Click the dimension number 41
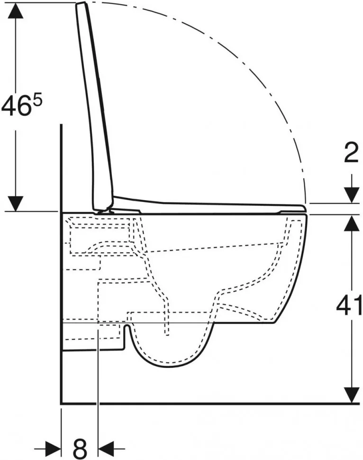(349, 306)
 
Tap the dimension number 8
(80, 448)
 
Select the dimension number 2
(351, 153)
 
